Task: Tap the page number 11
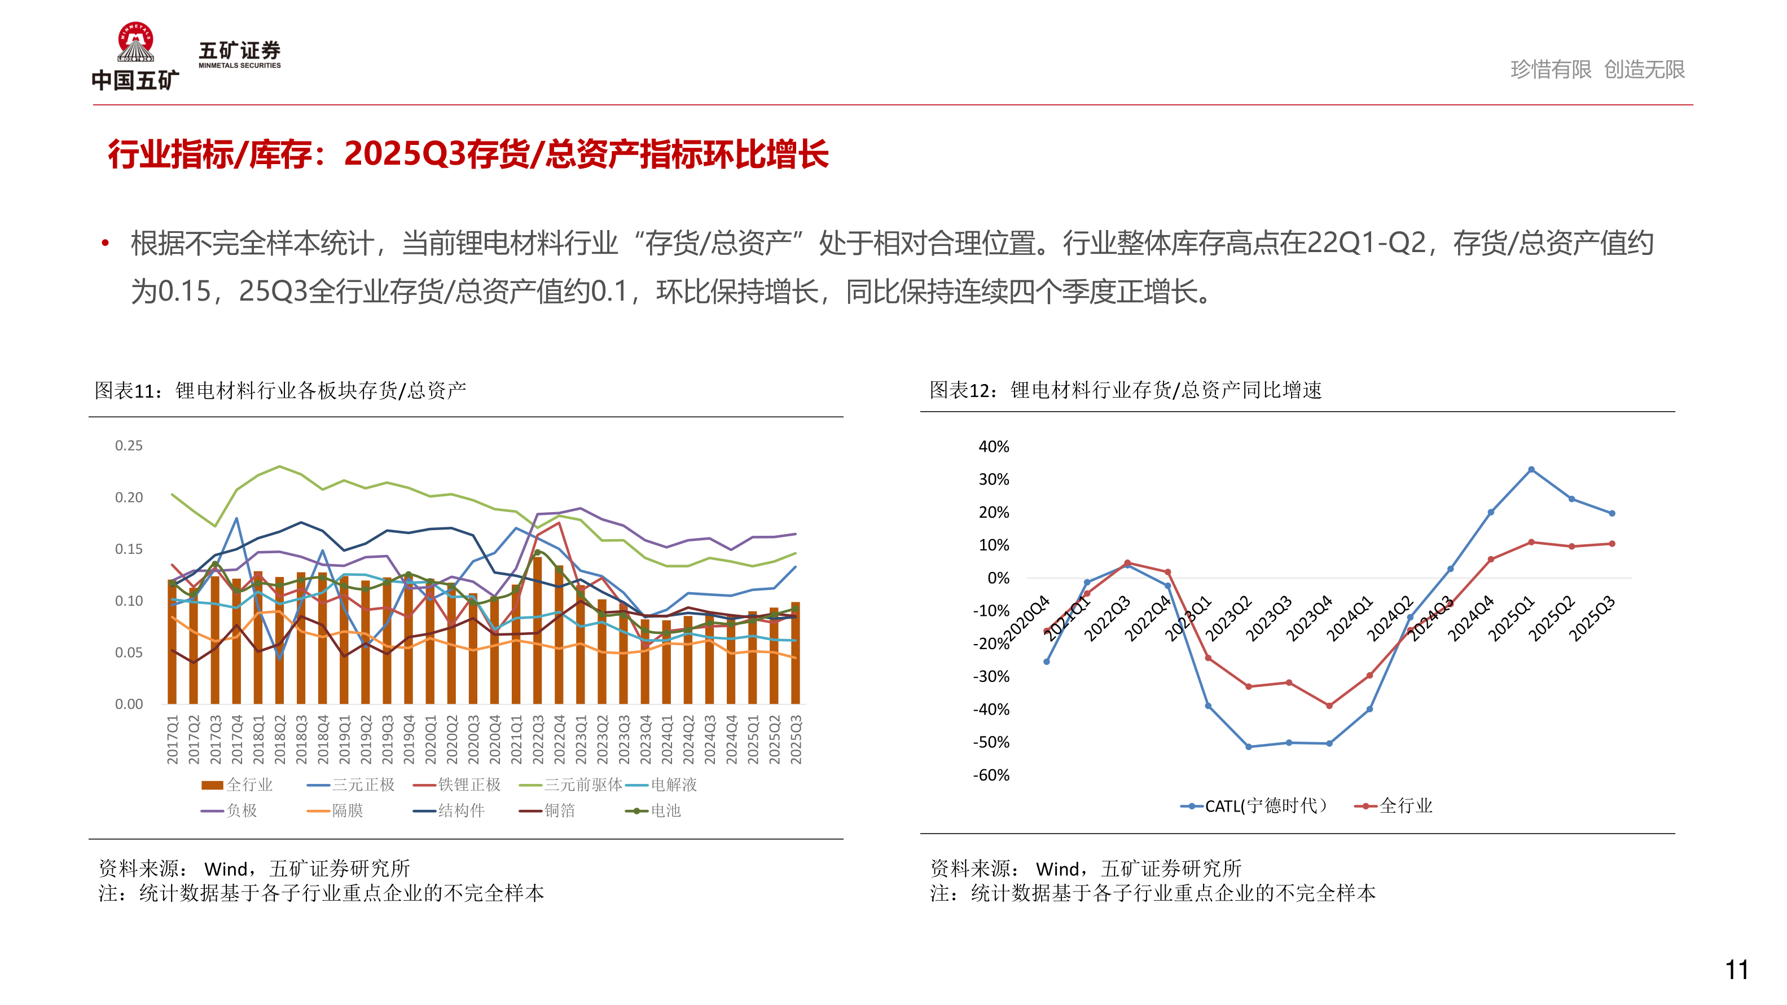pos(1736,969)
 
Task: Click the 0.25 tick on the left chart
pos(129,446)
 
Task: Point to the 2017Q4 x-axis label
pos(236,739)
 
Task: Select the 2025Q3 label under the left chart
pos(796,739)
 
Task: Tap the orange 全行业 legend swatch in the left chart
pos(212,785)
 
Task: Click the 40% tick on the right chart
pos(994,447)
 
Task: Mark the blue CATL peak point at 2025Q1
pos(1531,470)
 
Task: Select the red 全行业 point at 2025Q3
pos(1612,544)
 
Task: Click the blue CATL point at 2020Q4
pos(1047,662)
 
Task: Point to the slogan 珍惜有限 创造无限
pos(1597,69)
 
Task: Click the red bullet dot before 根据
pos(106,243)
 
